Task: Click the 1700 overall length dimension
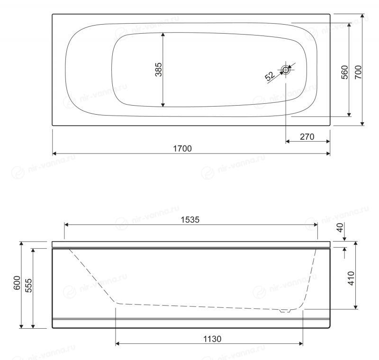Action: tap(182, 148)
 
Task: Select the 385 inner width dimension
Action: tap(159, 70)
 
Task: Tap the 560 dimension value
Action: tap(344, 72)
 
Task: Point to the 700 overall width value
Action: tap(358, 72)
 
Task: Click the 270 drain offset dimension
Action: tap(307, 137)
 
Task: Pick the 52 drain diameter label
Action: tap(270, 76)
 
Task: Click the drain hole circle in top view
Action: tap(286, 70)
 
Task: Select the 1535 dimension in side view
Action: tap(190, 220)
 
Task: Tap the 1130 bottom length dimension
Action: tap(212, 339)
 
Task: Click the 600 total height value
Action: tap(17, 283)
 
